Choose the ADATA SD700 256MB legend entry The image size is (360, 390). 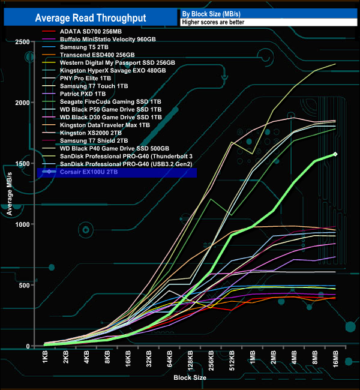click(91, 31)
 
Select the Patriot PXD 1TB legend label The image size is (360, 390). click(83, 94)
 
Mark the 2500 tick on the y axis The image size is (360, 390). click(23, 41)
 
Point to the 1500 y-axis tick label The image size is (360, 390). click(23, 163)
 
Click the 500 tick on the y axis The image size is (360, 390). click(25, 285)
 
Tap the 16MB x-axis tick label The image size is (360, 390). click(335, 361)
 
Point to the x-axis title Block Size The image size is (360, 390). click(190, 379)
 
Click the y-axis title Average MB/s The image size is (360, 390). click(10, 193)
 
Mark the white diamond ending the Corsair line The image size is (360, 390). click(335, 154)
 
